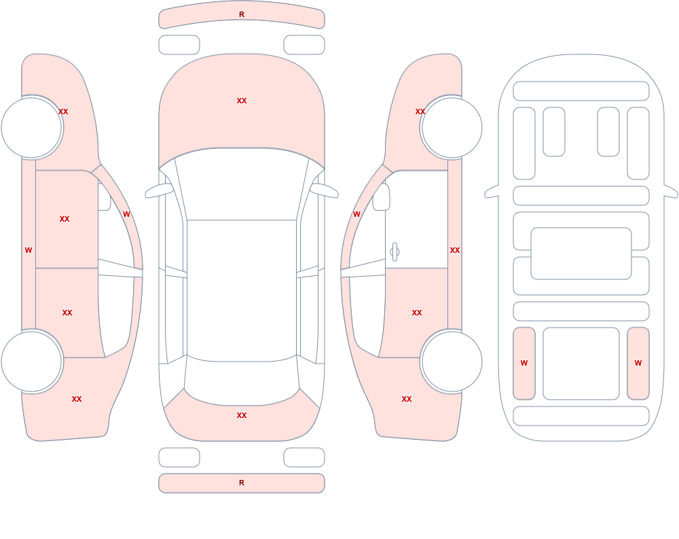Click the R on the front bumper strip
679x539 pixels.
coord(242,14)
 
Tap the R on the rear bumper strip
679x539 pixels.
coord(242,483)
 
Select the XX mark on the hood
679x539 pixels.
coord(242,101)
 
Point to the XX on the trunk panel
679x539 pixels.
coord(242,415)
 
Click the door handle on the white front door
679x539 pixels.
coord(394,252)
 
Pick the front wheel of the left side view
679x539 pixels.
coord(32,128)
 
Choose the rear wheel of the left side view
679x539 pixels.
coord(32,362)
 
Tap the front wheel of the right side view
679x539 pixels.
coord(452,128)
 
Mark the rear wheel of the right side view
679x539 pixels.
coord(452,362)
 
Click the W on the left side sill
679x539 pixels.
coord(29,250)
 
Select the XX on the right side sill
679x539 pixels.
coord(455,250)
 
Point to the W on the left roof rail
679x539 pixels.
coord(126,214)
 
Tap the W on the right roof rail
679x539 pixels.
coord(356,214)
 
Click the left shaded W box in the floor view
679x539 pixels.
coord(524,364)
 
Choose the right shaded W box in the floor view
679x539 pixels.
coord(638,364)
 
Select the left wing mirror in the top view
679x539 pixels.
coord(159,190)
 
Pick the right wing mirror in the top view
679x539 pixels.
coord(325,190)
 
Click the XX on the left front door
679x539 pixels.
coord(65,219)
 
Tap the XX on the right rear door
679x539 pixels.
coord(417,313)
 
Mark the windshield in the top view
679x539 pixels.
coord(242,184)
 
